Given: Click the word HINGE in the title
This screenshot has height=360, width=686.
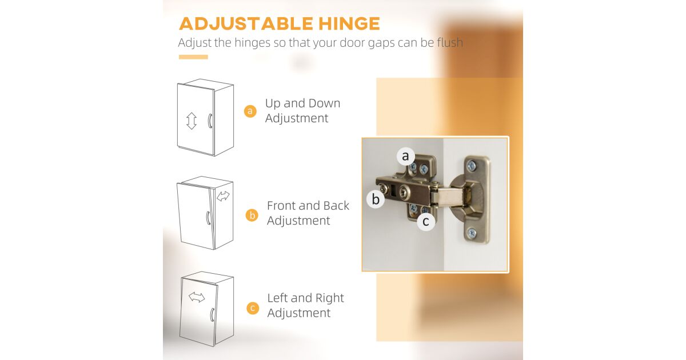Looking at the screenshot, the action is click(349, 23).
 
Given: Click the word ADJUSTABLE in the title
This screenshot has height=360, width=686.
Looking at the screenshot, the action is click(246, 23).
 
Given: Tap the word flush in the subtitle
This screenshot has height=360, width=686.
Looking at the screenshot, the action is click(450, 42).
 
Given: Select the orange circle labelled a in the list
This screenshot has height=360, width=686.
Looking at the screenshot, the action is click(250, 111).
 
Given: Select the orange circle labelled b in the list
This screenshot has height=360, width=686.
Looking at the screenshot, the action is click(252, 215).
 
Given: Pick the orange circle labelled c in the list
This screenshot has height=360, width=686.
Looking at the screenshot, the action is click(253, 308).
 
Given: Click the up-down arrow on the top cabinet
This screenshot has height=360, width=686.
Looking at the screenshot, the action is click(192, 121).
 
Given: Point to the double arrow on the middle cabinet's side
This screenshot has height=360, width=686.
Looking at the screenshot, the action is click(223, 196).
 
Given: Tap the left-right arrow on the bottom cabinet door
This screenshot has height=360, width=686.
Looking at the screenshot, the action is click(197, 297).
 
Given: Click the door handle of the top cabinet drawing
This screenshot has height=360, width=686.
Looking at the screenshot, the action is click(210, 121).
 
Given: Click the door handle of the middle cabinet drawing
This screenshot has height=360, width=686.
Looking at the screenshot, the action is click(208, 218).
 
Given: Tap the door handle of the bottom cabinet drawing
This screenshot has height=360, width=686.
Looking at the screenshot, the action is click(212, 315).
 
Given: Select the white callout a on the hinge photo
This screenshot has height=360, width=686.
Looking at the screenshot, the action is click(406, 156).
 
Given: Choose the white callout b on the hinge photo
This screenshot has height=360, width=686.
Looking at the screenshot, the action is click(376, 199).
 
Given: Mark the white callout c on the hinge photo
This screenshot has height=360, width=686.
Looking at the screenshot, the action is click(426, 221).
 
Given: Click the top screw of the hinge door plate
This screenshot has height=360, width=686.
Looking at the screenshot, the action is click(471, 166).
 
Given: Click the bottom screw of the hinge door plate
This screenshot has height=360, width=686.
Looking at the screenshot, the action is click(472, 234).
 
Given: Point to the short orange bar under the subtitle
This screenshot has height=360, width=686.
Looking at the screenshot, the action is click(193, 57).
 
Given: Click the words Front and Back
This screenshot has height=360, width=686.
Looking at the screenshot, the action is click(308, 206).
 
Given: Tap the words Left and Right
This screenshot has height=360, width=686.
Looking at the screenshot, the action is click(306, 298).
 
